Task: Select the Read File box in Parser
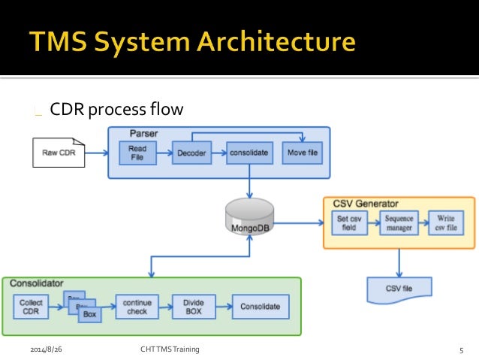(x=137, y=153)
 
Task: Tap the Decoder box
(x=191, y=153)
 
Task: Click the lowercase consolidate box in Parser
(x=249, y=153)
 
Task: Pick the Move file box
(x=303, y=153)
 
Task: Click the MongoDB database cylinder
(x=249, y=216)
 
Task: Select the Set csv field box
(x=349, y=223)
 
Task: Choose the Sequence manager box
(x=399, y=223)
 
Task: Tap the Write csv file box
(x=447, y=223)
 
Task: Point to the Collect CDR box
(x=32, y=307)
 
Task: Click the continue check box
(x=137, y=307)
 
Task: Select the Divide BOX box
(x=194, y=307)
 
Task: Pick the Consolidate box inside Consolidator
(x=260, y=307)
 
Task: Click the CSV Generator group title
(x=364, y=203)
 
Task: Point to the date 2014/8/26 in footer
(x=46, y=349)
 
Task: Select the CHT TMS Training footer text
(x=170, y=349)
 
